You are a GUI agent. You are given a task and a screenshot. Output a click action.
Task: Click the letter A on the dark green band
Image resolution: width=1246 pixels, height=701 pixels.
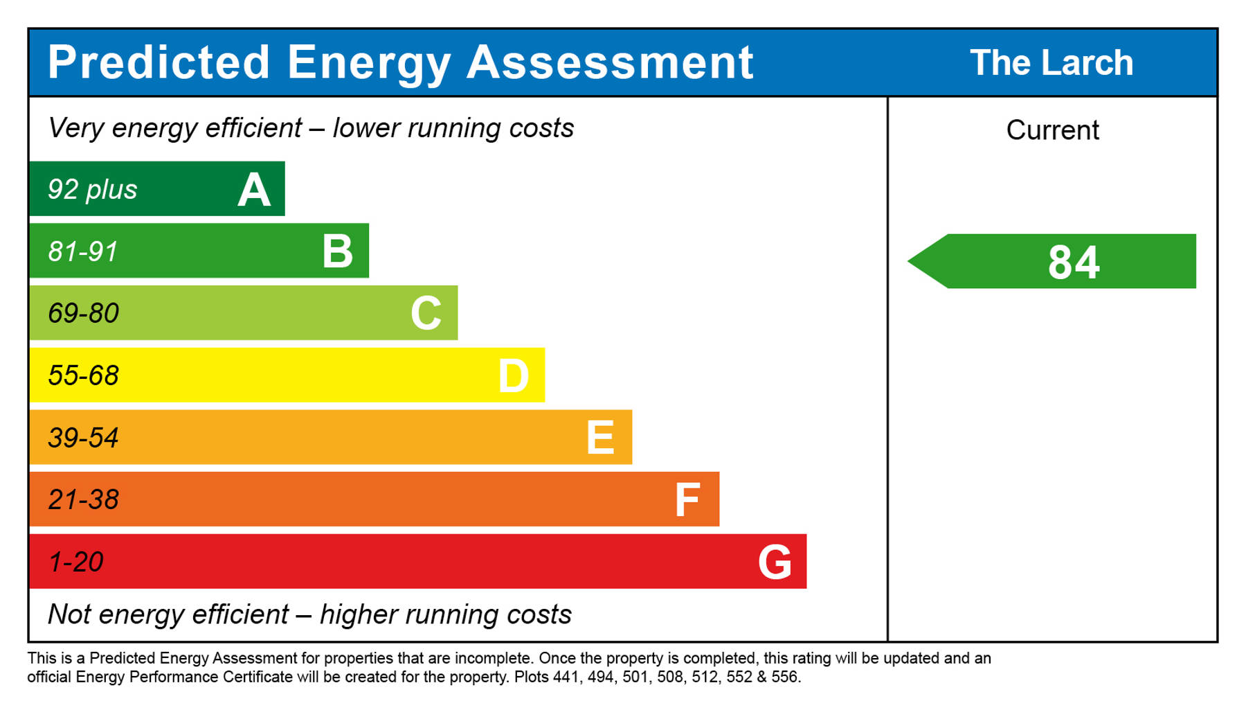(254, 190)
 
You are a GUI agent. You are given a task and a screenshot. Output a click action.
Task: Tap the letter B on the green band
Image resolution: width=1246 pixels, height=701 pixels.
(338, 251)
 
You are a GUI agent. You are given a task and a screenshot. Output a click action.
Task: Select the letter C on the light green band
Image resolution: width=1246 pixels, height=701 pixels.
(426, 313)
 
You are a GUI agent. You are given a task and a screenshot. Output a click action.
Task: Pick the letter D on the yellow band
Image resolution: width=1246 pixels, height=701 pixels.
(514, 376)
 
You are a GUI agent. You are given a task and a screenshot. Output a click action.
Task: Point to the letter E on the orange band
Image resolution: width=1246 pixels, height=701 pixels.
(600, 438)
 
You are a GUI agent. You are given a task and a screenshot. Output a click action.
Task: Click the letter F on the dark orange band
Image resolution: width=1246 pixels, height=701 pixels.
(687, 500)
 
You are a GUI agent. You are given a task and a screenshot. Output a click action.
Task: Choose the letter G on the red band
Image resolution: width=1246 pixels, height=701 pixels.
(775, 562)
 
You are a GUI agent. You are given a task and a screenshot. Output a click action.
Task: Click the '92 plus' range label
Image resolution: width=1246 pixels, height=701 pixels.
(92, 190)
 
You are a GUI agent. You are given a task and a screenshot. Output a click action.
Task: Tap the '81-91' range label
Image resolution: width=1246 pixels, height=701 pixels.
(83, 251)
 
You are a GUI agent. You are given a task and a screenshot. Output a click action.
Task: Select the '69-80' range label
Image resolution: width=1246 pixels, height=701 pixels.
(84, 314)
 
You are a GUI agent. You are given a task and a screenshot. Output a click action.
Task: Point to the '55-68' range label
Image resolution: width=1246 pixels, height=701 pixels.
(84, 376)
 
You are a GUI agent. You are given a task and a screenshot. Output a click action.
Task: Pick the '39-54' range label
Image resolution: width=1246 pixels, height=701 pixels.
(84, 438)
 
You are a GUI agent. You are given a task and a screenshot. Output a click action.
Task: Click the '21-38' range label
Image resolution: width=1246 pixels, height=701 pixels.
(84, 500)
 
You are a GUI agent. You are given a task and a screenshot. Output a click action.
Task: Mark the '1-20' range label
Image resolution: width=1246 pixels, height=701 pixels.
(76, 562)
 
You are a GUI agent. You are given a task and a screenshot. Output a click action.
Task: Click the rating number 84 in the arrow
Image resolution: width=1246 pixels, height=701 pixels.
(1074, 263)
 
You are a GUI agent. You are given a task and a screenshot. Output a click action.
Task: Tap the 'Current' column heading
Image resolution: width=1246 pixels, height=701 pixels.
(1052, 130)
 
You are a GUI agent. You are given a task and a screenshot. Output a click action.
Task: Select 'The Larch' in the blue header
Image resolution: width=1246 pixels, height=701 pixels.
(1051, 63)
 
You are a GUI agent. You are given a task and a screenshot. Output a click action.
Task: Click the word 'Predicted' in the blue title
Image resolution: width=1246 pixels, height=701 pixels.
(159, 62)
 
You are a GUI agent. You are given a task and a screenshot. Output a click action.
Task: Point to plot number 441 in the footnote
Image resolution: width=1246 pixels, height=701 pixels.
(565, 677)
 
